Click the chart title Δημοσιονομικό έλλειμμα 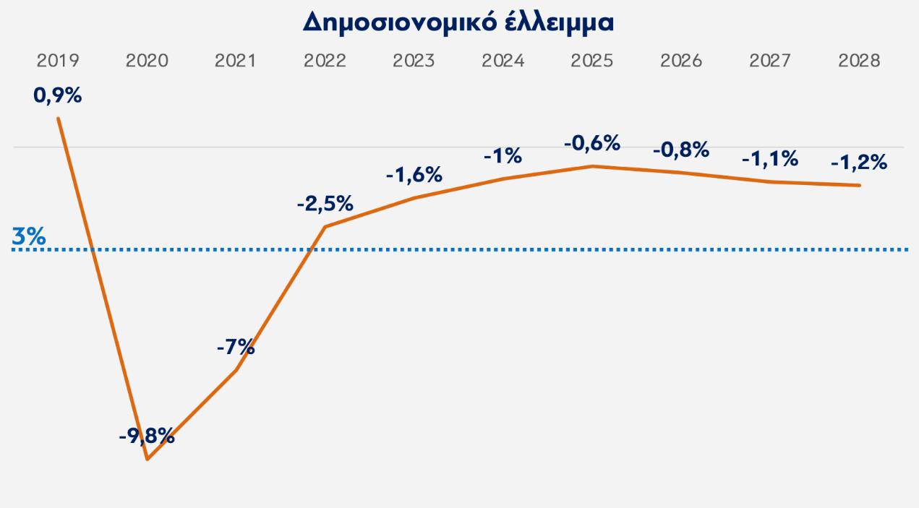coord(458,22)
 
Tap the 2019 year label coord(58,61)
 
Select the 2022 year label coord(325,61)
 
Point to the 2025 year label coord(591,61)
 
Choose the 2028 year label coord(859,61)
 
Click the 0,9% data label coord(58,95)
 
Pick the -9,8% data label coord(147,436)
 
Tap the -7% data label coord(236,347)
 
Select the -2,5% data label coord(325,204)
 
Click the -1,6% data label coord(414,175)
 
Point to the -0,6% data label coord(591,144)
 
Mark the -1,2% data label coord(859,163)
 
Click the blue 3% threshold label coord(29,236)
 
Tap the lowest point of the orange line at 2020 coord(148,459)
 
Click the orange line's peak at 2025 coord(592,166)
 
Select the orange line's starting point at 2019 coord(58,118)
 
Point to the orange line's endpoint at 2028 coord(859,186)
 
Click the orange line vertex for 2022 coord(325,227)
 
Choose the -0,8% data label coord(681,151)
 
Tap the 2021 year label coord(236,61)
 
